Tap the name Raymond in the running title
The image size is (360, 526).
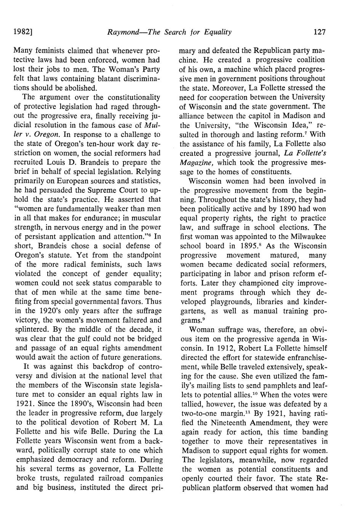coord(122,32)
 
